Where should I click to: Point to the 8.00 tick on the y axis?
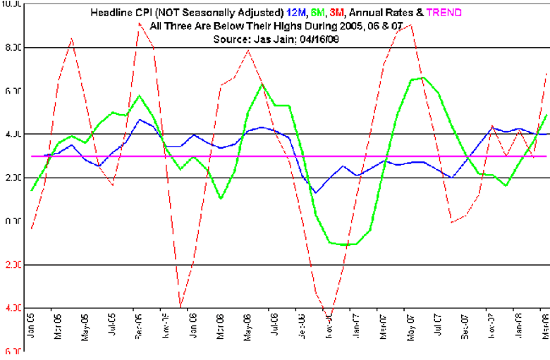tap(13, 48)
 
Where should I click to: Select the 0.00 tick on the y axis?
tap(13, 222)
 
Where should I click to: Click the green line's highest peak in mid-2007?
tap(422, 77)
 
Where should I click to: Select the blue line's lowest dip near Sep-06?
tap(315, 193)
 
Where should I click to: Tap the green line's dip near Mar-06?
tap(221, 199)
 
